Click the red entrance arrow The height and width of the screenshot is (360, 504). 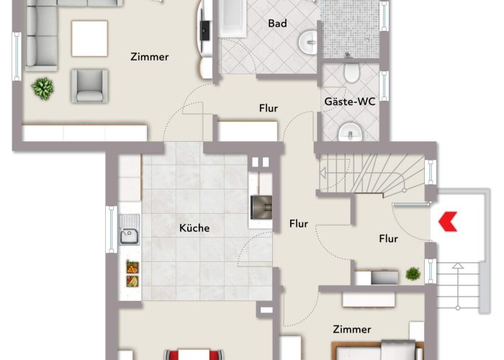pos(449,220)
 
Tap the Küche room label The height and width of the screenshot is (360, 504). pos(194,228)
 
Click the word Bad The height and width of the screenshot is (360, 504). pos(277,24)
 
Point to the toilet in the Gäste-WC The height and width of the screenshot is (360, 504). pos(352,73)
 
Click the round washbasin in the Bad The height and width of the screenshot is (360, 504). pos(307,42)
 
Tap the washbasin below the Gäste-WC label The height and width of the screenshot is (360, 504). pos(351,131)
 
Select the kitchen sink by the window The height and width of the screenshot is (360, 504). pos(130,235)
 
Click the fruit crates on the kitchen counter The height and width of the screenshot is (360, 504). pos(132,274)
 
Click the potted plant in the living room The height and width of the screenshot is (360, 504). pos(42,89)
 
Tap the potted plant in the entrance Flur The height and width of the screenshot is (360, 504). pos(413,274)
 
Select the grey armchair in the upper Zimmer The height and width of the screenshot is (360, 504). pos(89,86)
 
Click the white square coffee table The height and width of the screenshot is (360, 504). pos(89,37)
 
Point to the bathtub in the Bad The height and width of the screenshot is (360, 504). pos(231,18)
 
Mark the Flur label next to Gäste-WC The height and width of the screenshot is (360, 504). pos(269,109)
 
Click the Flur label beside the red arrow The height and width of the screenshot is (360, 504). pos(389,239)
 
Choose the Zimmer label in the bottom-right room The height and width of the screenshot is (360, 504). pos(352,329)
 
